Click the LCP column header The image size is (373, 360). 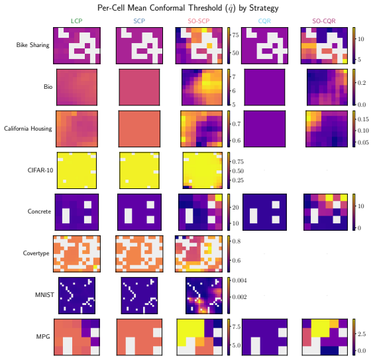77,21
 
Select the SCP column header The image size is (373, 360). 139,21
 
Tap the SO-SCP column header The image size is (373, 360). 199,21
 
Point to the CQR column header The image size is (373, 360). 264,21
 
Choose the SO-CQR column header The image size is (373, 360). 324,21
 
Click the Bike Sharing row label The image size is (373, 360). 33,45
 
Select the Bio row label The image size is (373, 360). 48,87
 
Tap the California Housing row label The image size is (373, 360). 28,129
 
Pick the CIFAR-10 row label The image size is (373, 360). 40,170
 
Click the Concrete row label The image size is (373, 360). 39,211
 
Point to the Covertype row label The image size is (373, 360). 36,253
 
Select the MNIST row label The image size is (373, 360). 44,295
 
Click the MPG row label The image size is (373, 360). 43,337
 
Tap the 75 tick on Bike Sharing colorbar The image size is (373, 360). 235,35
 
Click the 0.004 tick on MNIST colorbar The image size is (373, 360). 239,280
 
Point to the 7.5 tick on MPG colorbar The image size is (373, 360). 237,327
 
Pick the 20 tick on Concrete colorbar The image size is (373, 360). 235,208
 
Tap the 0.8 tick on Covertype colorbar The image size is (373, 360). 237,241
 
